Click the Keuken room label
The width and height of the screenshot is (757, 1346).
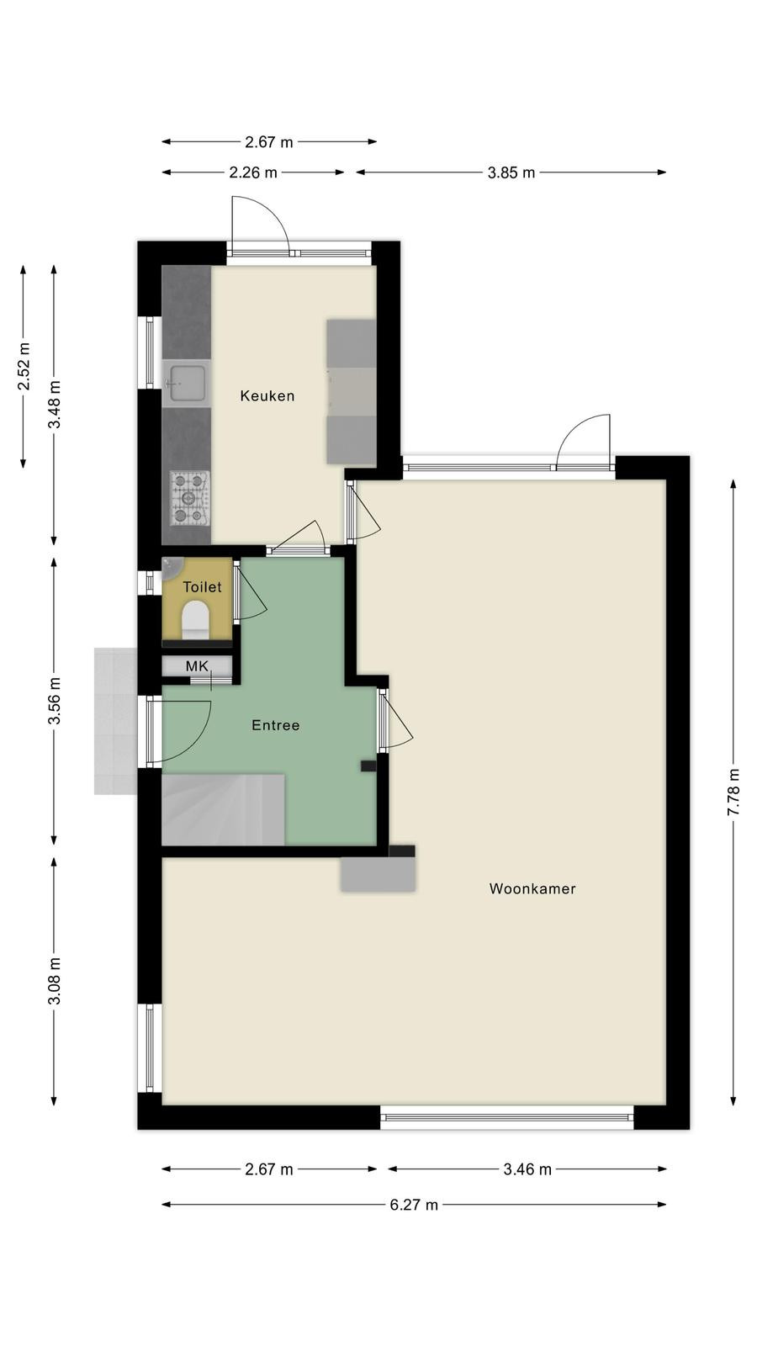(267, 395)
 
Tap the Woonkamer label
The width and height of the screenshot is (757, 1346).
(532, 888)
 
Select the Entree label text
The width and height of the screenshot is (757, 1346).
(276, 725)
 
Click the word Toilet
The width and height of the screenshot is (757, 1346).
(202, 587)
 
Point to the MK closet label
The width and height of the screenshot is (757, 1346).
(197, 665)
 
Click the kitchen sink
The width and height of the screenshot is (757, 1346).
(186, 383)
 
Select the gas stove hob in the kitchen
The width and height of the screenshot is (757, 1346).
(190, 497)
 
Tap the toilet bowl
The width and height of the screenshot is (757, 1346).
(195, 620)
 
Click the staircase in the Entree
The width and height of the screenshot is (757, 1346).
(223, 810)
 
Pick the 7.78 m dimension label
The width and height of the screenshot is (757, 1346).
(733, 792)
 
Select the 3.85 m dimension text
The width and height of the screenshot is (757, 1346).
(511, 173)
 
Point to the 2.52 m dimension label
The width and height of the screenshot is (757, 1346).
(24, 367)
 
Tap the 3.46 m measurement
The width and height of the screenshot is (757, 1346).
(527, 1169)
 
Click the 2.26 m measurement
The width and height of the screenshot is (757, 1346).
(253, 173)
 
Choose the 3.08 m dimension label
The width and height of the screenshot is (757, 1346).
(55, 981)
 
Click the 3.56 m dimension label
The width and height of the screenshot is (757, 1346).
(55, 702)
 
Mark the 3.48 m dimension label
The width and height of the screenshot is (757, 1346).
(55, 405)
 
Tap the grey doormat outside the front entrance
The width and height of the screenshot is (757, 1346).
(115, 721)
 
